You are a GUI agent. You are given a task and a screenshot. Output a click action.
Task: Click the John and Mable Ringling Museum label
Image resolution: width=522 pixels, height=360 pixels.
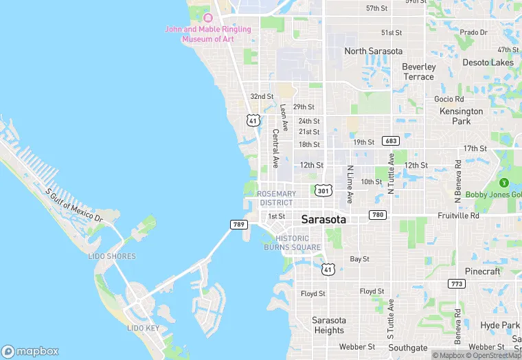coord(207,34)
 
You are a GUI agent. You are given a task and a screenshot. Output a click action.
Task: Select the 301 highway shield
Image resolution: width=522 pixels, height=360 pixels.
coord(324,190)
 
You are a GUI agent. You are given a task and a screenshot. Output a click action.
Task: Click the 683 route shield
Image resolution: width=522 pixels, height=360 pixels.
coord(391,141)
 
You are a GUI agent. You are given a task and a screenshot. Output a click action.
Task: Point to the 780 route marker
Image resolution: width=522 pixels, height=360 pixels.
coord(377,215)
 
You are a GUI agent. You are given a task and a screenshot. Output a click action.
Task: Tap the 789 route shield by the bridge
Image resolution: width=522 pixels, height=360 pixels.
coord(238,225)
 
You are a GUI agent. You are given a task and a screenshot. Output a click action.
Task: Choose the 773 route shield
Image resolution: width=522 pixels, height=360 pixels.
coord(457,283)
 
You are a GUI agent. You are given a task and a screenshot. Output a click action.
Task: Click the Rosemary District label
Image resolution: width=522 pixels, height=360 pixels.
coord(277,198)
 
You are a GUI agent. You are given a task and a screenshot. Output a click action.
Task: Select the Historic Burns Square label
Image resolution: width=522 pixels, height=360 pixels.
coord(292,243)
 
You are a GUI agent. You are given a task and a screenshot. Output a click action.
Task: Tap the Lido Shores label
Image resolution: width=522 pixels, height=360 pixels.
coord(112,256)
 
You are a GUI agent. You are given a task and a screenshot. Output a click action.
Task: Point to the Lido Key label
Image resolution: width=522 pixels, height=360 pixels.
coord(143,328)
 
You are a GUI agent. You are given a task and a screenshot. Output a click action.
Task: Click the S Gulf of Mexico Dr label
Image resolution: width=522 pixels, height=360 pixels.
coord(73,205)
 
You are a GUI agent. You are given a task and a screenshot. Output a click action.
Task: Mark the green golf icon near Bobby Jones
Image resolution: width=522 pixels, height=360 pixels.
coord(503,183)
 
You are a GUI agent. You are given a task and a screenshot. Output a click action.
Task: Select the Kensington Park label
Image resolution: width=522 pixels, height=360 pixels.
coord(462,116)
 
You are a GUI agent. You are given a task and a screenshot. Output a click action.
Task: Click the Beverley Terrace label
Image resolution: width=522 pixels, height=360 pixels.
coord(418,71)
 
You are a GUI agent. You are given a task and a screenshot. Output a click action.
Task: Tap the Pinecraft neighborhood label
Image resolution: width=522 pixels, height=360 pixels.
coord(482,271)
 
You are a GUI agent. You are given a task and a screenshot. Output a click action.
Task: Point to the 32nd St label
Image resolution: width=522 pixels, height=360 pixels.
coord(262,97)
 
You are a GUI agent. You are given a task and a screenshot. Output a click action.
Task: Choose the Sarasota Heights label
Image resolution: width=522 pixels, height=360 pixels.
coord(328,325)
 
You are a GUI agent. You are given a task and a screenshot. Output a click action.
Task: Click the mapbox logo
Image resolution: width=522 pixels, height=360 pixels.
coord(31,351)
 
